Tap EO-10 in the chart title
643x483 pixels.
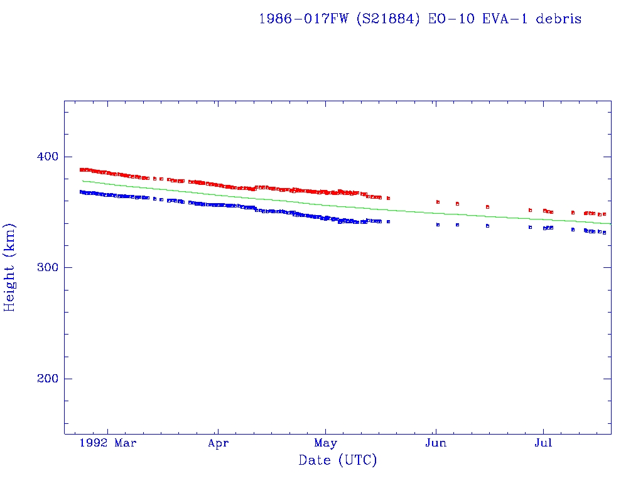coord(448,19)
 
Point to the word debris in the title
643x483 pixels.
coord(558,19)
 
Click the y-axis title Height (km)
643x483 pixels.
coord(9,267)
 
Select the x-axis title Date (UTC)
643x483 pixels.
coord(338,460)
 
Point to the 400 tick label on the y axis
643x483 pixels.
coord(45,156)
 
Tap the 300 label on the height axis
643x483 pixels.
coord(45,267)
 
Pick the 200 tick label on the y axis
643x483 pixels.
coord(45,379)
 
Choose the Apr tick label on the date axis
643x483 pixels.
coord(218,443)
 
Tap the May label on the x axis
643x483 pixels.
coord(325,443)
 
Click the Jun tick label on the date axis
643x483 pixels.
coord(435,443)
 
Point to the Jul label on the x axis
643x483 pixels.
coord(543,443)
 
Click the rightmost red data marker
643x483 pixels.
coord(604,214)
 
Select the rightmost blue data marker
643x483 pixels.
coord(604,233)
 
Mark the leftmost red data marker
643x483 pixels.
coord(81,170)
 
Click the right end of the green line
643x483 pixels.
coord(610,223)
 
